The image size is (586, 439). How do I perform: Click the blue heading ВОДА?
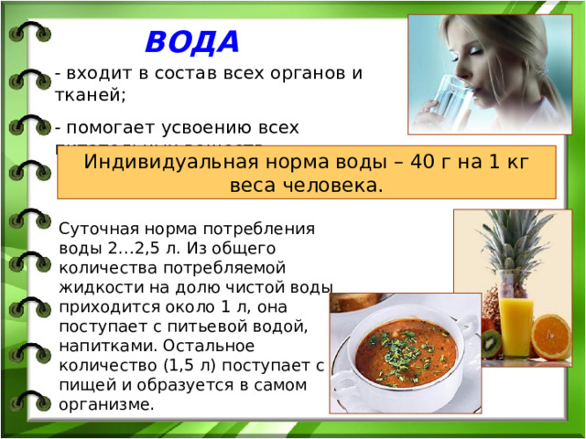(x=191, y=42)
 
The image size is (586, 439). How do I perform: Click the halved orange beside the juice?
(x=550, y=337)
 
